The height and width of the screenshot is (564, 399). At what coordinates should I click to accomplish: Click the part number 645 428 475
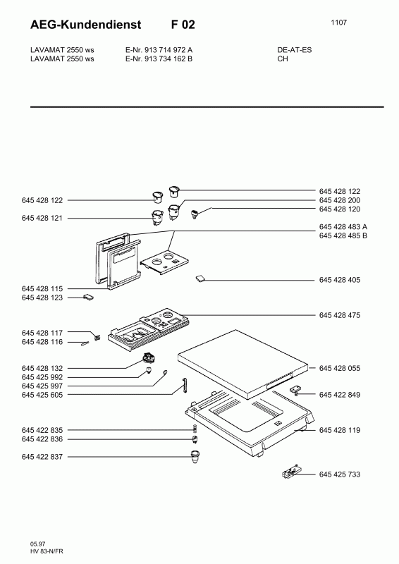pos(339,315)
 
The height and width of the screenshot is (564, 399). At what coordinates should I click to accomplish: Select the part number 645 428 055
pos(339,368)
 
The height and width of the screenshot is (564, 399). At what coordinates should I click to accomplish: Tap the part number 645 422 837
pos(42,457)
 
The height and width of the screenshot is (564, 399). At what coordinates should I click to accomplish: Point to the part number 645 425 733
pos(339,474)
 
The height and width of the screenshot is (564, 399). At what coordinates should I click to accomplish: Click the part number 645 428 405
pos(339,280)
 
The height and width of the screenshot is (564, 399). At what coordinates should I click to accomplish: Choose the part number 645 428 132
pos(42,368)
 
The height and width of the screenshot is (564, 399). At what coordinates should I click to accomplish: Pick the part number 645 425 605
pos(42,395)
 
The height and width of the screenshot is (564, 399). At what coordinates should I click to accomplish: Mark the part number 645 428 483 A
pos(343,226)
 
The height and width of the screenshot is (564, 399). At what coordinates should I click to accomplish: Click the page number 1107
pos(338,23)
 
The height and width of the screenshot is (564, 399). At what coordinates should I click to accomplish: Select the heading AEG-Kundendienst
pos(85,25)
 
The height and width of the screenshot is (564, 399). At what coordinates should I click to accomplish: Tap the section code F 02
pos(183,25)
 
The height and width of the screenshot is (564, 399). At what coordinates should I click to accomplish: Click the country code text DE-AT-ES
pos(294,50)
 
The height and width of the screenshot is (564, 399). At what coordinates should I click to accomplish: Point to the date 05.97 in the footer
pos(38,544)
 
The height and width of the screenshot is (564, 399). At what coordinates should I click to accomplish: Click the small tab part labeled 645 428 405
pos(201,278)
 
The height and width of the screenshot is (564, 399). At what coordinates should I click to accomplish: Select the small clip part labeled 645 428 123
pos(89,297)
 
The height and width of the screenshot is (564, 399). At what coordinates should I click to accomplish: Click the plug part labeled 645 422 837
pos(195,457)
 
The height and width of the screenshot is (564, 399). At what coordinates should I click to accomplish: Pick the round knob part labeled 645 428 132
pos(149,358)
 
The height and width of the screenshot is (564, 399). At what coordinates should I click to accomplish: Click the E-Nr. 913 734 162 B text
pos(159,59)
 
